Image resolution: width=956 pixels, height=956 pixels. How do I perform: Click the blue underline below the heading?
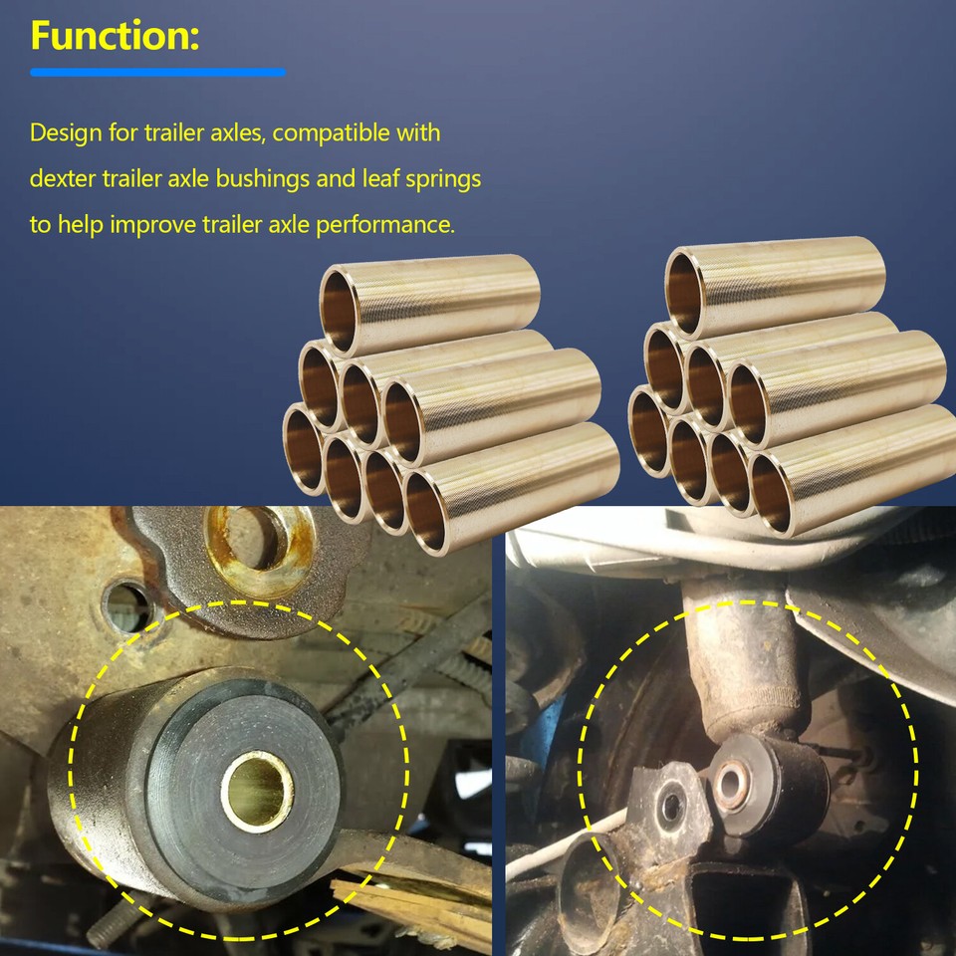tap(157, 72)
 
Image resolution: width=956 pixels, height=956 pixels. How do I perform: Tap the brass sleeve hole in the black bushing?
tap(256, 791)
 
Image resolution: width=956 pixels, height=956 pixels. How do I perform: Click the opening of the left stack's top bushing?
tap(340, 307)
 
